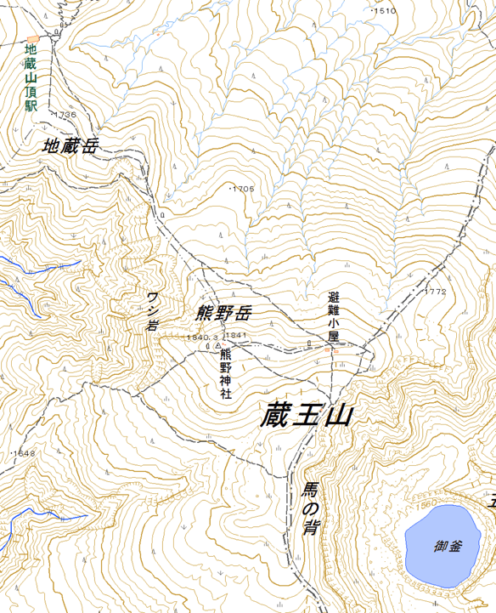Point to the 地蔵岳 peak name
coord(70,146)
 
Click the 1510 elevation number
coord(386,10)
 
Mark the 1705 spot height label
coord(243,189)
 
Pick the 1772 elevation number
coord(434,292)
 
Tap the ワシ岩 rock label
coord(153,311)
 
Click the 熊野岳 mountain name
coord(223,314)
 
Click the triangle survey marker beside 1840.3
coord(218,347)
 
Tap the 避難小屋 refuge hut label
coord(333,316)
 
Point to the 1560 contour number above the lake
coord(426,503)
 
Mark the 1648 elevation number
coord(24,453)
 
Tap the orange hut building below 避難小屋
coord(335,350)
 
